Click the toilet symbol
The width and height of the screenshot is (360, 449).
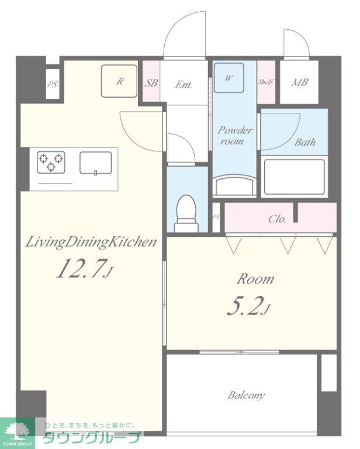186,213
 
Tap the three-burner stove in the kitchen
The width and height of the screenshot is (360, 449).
51,162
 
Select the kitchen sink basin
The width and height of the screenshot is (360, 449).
96,163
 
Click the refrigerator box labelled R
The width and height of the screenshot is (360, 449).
119,81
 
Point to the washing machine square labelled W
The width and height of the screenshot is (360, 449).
229,78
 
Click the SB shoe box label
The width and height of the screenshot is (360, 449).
151,83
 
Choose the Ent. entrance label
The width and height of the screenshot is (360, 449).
184,84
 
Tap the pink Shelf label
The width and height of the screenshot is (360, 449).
266,82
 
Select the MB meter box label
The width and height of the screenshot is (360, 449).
300,82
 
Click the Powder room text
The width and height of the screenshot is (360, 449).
234,136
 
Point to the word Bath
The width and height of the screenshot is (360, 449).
305,142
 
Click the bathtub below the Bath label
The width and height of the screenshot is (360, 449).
295,177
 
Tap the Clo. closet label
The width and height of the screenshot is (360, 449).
277,219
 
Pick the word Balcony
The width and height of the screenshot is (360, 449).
246,396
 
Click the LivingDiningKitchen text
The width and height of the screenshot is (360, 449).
91,243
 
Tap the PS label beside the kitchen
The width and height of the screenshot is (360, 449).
53,84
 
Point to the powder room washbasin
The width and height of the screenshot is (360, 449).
235,185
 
